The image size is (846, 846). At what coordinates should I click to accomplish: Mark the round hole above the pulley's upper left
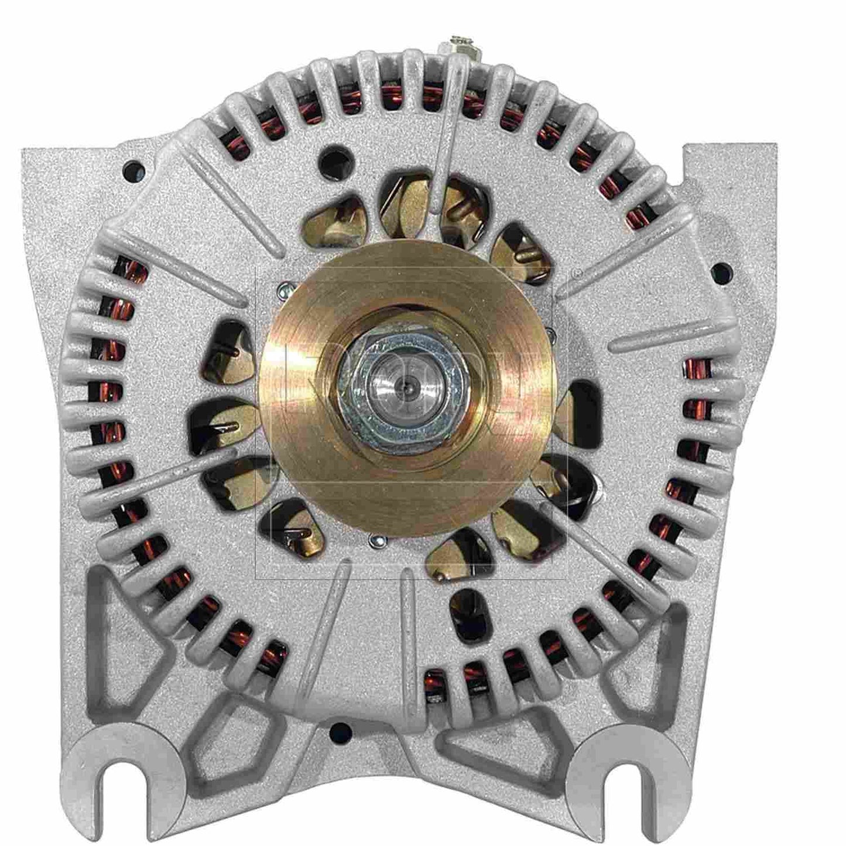click(x=331, y=158)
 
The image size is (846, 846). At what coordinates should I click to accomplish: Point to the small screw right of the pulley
click(x=550, y=334)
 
